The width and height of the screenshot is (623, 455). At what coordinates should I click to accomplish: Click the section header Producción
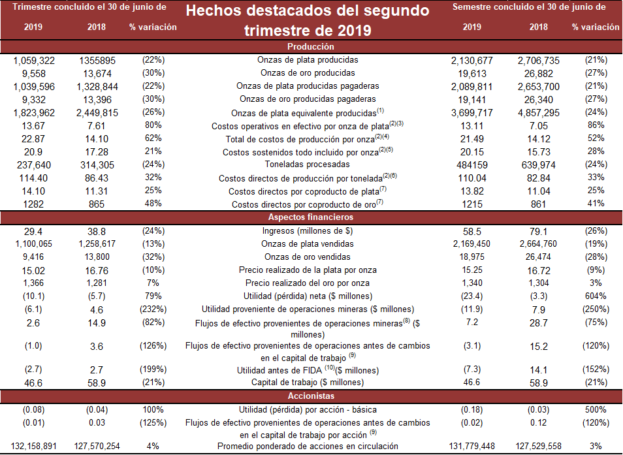coord(311,47)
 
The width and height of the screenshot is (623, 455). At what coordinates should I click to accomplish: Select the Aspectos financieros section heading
coord(311,217)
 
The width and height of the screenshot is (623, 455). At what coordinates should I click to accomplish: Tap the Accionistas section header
coord(311,396)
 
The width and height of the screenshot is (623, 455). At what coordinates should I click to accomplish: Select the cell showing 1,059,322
coord(33,60)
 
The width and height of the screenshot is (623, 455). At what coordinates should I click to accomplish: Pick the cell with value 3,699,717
coord(471,113)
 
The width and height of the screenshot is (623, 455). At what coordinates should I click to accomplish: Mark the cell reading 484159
coord(471,165)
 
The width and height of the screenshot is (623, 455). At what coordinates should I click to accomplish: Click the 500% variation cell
coord(596,409)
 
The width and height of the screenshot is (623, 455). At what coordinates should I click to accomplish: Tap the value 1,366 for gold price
coord(33,283)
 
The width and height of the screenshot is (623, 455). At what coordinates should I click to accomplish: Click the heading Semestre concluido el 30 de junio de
coord(529,7)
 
